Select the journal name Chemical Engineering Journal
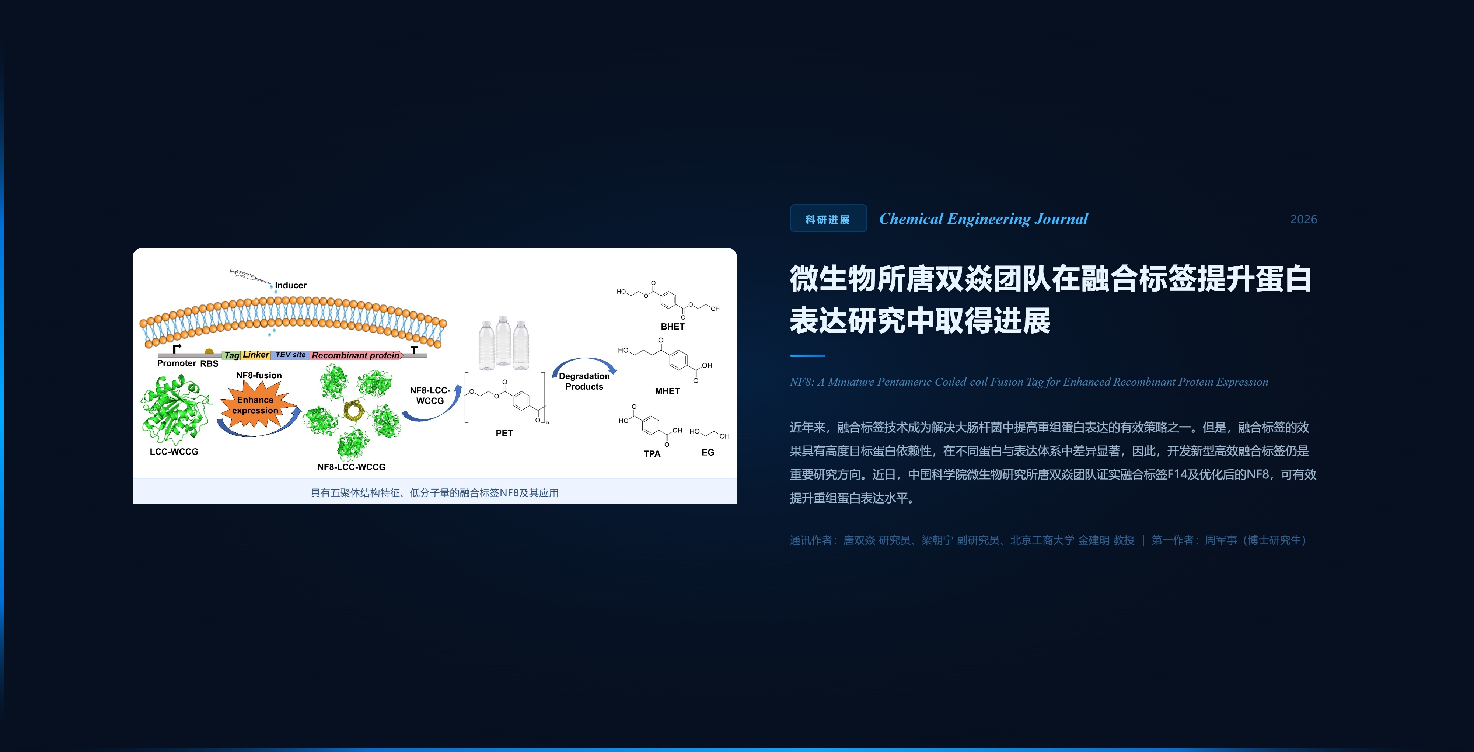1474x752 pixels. tap(983, 219)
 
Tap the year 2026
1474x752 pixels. tap(1303, 219)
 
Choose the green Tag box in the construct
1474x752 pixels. tap(231, 355)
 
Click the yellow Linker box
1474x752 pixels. tap(255, 355)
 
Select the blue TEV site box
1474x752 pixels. tap(290, 355)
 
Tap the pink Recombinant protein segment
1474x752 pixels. tap(355, 355)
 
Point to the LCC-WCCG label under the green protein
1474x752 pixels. tap(174, 452)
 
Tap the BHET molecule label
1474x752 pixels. tap(673, 327)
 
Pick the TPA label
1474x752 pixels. tap(652, 454)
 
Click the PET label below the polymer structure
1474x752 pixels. tap(504, 433)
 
